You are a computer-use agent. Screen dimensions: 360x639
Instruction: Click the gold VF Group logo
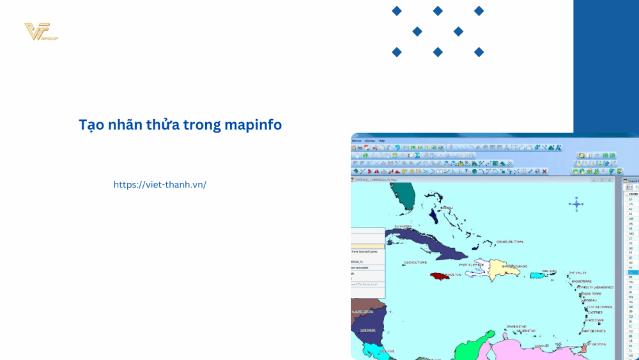[x=39, y=32]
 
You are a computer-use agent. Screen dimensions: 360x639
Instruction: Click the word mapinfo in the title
[x=253, y=125]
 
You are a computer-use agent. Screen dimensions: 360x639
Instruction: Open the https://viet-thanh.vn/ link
[x=160, y=184]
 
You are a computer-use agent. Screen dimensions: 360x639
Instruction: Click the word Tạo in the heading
[x=90, y=125]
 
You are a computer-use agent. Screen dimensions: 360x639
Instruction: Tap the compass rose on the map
[x=576, y=205]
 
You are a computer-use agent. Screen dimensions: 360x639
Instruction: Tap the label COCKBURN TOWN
[x=509, y=242]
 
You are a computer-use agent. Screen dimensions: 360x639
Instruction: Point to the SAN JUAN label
[x=550, y=270]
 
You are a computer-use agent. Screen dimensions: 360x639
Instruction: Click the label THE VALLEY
[x=577, y=273]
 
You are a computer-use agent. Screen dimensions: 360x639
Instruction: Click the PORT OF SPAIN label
[x=594, y=345]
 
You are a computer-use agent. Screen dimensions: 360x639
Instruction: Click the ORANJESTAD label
[x=516, y=326]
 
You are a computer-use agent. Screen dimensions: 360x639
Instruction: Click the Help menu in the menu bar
[x=381, y=140]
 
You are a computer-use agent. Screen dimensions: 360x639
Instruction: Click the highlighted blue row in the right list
[x=631, y=272]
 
